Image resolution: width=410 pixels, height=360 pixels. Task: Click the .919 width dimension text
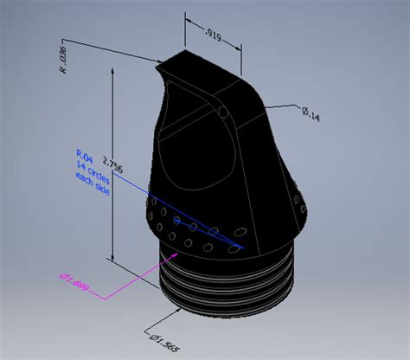pos(211,34)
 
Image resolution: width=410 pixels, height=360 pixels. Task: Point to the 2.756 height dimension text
pos(107,166)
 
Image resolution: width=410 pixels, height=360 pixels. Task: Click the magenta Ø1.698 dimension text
pos(75,283)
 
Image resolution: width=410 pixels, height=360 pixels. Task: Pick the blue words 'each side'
pos(81,177)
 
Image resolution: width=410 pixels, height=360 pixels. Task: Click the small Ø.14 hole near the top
pos(223,111)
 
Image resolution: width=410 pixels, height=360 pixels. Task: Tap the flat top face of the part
pos(195,67)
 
